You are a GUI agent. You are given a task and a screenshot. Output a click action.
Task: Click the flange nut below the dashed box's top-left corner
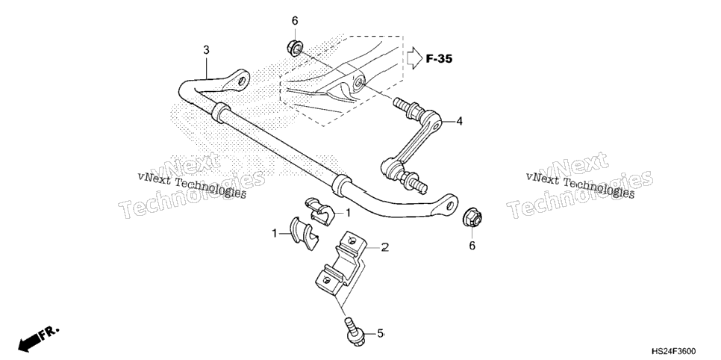(x=294, y=47)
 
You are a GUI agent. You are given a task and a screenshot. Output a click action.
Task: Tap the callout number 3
(x=207, y=50)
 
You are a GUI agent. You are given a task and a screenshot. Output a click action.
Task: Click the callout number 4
(x=459, y=121)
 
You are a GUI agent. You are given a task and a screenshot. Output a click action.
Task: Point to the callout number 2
(x=385, y=247)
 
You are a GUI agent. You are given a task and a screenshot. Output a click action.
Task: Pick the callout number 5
(x=380, y=333)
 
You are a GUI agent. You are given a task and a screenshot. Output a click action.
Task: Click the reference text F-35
(x=439, y=59)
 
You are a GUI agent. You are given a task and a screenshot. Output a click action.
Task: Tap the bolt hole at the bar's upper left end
(x=240, y=81)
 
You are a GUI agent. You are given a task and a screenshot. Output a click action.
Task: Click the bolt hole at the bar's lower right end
(x=451, y=204)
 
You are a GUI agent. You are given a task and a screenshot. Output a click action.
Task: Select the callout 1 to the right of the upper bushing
(x=348, y=213)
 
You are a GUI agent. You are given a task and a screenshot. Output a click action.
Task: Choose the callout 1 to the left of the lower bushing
(x=275, y=233)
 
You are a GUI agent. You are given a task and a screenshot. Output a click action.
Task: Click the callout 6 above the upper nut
(x=295, y=21)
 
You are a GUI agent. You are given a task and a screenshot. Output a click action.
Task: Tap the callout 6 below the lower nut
(x=472, y=246)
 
